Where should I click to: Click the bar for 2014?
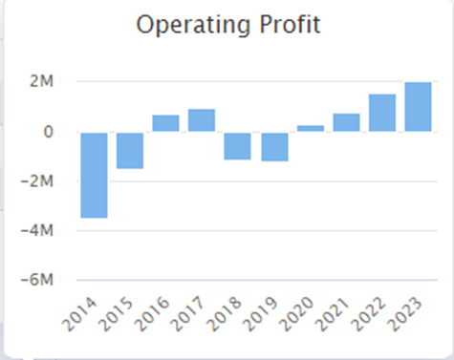click(x=94, y=176)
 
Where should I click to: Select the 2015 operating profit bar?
click(x=130, y=151)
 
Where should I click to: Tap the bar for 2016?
click(x=165, y=123)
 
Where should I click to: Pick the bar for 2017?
click(x=202, y=120)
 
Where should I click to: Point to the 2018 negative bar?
click(x=237, y=146)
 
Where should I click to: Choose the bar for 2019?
click(x=274, y=147)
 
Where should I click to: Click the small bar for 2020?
click(x=311, y=128)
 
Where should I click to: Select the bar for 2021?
click(x=347, y=122)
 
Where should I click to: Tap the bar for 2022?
click(x=382, y=113)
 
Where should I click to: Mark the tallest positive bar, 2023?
click(x=419, y=107)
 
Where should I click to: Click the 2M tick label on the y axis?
click(x=41, y=81)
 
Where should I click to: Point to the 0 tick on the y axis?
click(x=48, y=132)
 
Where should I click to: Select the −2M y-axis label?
click(x=37, y=181)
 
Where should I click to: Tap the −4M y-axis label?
click(x=37, y=230)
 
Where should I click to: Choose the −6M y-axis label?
click(x=37, y=280)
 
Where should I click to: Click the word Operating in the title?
click(x=193, y=25)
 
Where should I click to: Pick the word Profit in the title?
click(x=290, y=24)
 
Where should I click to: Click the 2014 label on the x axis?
click(x=78, y=314)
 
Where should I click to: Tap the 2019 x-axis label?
click(x=259, y=314)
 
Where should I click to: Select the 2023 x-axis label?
click(x=404, y=314)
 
